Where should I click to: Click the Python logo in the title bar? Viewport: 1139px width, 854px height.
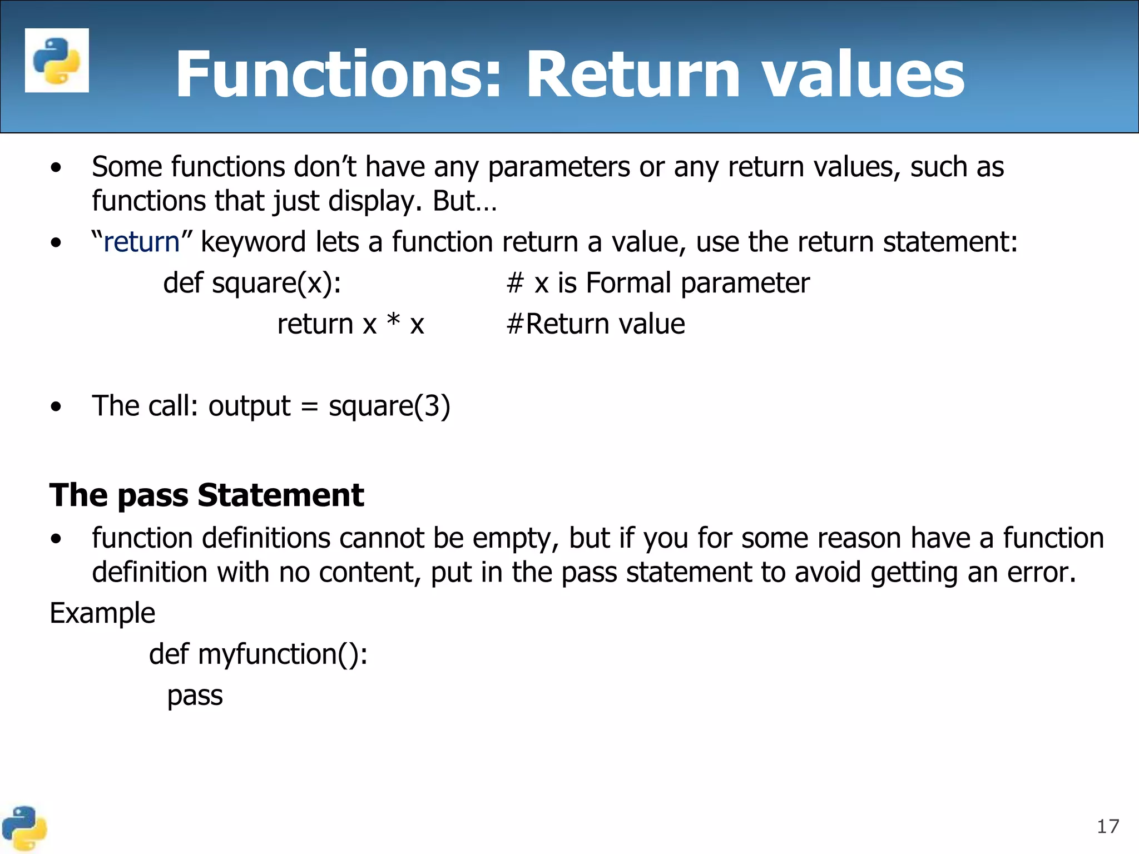(57, 60)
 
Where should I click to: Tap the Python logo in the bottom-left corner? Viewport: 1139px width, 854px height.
(24, 828)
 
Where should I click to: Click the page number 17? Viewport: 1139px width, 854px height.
(1107, 827)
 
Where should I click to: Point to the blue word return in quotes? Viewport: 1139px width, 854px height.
(141, 242)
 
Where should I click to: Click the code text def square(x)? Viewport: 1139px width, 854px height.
(252, 283)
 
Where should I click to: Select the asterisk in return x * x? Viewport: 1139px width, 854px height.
(393, 322)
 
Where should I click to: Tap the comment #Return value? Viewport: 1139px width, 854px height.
(596, 324)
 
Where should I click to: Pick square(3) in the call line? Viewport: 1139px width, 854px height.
(389, 406)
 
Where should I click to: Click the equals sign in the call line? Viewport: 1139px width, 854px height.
(309, 407)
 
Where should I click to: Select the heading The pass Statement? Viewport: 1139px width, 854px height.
(206, 495)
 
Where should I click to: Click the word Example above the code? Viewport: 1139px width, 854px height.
(102, 613)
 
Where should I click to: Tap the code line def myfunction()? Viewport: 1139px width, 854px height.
(258, 654)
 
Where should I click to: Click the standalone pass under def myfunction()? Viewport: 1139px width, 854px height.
(195, 696)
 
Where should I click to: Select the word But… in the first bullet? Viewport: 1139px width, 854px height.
(464, 201)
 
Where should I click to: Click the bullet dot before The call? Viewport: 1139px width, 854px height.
(56, 406)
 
